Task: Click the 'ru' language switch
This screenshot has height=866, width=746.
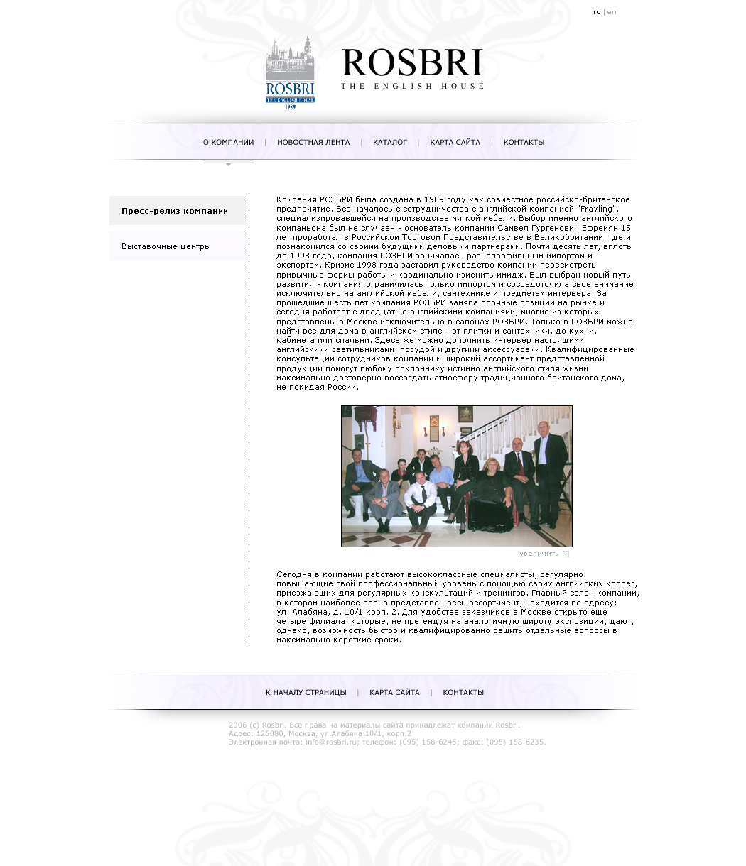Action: click(597, 12)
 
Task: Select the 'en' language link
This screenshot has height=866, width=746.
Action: click(612, 12)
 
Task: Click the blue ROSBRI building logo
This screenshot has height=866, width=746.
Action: click(290, 72)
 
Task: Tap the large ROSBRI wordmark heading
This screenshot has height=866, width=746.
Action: click(412, 63)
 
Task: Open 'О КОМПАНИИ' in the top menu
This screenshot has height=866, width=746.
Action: click(228, 143)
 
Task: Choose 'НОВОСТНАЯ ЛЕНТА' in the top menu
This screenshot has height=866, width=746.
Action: click(313, 143)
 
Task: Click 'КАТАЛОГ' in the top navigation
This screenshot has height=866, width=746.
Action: click(390, 143)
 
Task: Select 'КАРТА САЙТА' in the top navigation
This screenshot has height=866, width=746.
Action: click(455, 143)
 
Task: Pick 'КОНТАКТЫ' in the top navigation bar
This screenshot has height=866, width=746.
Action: click(524, 143)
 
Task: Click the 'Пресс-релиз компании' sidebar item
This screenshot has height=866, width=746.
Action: click(175, 211)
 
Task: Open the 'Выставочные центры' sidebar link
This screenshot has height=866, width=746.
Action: click(166, 246)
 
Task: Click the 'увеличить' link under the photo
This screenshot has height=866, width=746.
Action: click(539, 554)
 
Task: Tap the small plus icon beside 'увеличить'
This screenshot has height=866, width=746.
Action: click(566, 554)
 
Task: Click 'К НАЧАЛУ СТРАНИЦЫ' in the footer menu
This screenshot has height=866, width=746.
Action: click(306, 693)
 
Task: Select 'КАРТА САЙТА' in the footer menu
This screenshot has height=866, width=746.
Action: click(394, 693)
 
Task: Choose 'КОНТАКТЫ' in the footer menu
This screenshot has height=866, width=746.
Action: click(463, 693)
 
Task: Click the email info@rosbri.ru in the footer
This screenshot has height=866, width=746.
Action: click(330, 742)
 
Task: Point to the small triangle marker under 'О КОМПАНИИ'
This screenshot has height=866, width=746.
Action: click(228, 165)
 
